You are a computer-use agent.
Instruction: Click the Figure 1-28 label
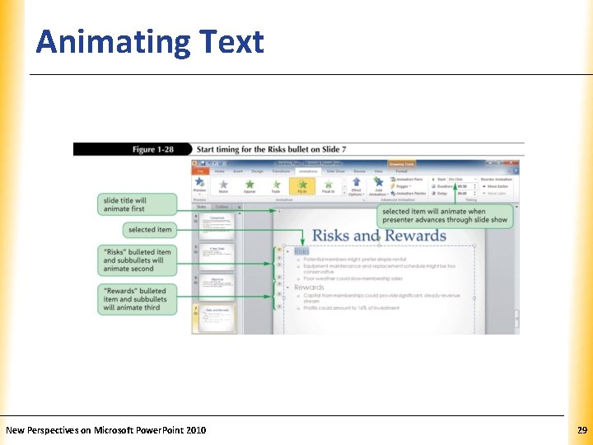[x=155, y=149]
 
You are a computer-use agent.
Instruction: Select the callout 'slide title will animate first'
[x=138, y=204]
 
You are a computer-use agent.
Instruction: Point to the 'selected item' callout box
[x=151, y=230]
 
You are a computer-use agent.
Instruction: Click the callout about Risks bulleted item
[x=138, y=260]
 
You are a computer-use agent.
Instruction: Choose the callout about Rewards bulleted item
[x=138, y=299]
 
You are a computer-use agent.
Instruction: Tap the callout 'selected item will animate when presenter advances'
[x=446, y=216]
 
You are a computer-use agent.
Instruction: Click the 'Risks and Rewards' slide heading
[x=379, y=236]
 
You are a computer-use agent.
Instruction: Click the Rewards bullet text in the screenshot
[x=309, y=288]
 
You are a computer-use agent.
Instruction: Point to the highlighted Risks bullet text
[x=301, y=251]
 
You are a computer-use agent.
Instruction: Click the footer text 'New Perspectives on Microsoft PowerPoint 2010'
[x=106, y=430]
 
